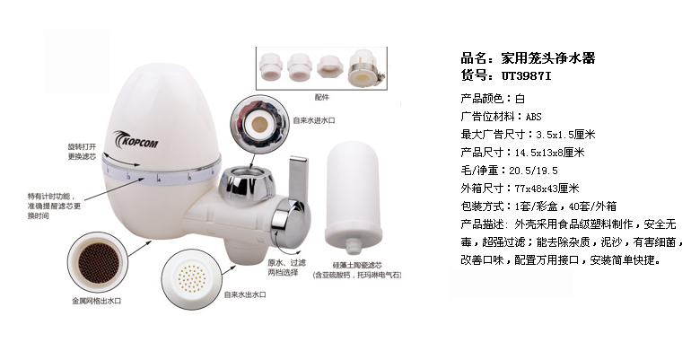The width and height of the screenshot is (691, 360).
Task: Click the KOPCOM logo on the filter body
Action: click(136, 140)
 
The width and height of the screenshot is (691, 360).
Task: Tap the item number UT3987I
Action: click(526, 75)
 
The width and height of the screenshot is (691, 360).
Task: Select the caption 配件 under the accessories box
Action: click(321, 97)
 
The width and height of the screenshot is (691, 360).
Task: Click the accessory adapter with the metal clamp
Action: click(365, 69)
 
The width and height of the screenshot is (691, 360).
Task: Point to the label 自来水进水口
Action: click(314, 120)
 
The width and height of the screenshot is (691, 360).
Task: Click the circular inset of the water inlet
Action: click(259, 125)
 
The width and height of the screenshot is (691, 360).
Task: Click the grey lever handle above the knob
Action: click(298, 180)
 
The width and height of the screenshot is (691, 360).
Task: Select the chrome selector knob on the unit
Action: click(291, 223)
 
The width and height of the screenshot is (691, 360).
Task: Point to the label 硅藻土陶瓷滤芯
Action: click(357, 265)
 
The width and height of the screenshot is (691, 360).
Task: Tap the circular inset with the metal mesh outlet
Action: click(99, 263)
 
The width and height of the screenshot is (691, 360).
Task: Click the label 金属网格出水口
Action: click(97, 301)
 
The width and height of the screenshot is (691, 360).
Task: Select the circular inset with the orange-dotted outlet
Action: click(192, 279)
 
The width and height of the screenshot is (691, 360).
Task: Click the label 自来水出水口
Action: click(245, 294)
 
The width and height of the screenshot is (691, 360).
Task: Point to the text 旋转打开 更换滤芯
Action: click(82, 152)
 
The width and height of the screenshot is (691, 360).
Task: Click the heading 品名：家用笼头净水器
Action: click(528, 57)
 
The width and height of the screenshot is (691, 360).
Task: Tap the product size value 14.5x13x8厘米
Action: click(549, 153)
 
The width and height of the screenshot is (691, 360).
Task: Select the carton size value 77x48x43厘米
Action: click(547, 189)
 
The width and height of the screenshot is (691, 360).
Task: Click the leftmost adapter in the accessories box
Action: click(271, 66)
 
